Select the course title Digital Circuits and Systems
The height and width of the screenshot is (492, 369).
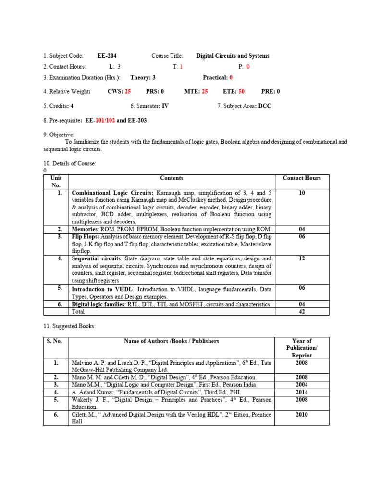pyautogui.click(x=233, y=56)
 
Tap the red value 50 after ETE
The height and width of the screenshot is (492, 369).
pyautogui.click(x=241, y=91)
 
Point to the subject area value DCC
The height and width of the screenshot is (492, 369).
pyautogui.click(x=265, y=106)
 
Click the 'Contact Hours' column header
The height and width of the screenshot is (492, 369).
pyautogui.click(x=302, y=178)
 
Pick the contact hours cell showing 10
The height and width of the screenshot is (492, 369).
pyautogui.click(x=302, y=193)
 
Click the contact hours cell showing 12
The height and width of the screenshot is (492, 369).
pyautogui.click(x=302, y=258)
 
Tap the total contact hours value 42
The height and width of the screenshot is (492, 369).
pyautogui.click(x=302, y=312)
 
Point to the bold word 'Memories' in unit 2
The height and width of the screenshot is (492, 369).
pyautogui.click(x=85, y=229)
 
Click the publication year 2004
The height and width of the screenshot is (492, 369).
pyautogui.click(x=302, y=385)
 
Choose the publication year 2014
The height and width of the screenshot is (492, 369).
pyautogui.click(x=302, y=392)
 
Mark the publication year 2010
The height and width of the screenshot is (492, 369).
pyautogui.click(x=302, y=415)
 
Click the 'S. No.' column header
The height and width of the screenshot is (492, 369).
pyautogui.click(x=56, y=341)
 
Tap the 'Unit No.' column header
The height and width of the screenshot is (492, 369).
pyautogui.click(x=56, y=182)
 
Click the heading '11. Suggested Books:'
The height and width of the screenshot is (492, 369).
pyautogui.click(x=69, y=326)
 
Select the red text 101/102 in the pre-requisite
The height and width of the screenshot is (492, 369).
pyautogui.click(x=104, y=121)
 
